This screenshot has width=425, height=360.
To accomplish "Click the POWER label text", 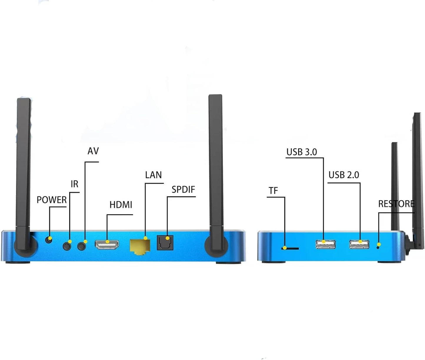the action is click(51, 200).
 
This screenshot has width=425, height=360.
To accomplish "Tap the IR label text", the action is click(74, 184).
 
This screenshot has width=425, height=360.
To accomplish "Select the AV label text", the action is click(93, 151).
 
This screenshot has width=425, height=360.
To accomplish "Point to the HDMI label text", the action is click(121, 205).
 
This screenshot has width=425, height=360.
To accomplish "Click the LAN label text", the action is click(154, 175).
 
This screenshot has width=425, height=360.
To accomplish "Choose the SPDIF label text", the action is click(183, 190).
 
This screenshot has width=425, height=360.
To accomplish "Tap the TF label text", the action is click(273, 191).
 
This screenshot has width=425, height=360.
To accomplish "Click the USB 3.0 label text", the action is click(302, 152).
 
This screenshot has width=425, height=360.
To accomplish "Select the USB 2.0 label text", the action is click(344, 175).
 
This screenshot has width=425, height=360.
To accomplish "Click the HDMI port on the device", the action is click(107, 245).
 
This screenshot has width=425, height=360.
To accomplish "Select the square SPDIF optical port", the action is click(165, 243).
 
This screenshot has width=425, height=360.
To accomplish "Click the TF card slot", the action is click(290, 249).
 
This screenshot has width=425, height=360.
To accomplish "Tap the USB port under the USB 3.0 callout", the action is click(326, 244).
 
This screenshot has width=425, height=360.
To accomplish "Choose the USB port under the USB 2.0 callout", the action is click(359, 244).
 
